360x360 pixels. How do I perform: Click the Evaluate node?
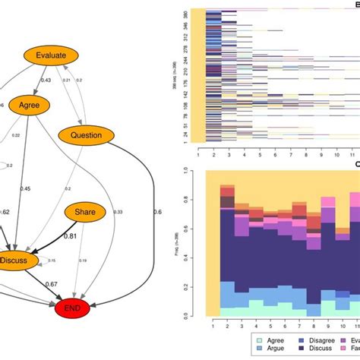(x=51, y=55)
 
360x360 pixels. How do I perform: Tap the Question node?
(x=86, y=136)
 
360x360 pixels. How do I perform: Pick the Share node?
(x=85, y=213)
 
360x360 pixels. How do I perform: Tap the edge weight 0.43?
(x=46, y=81)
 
